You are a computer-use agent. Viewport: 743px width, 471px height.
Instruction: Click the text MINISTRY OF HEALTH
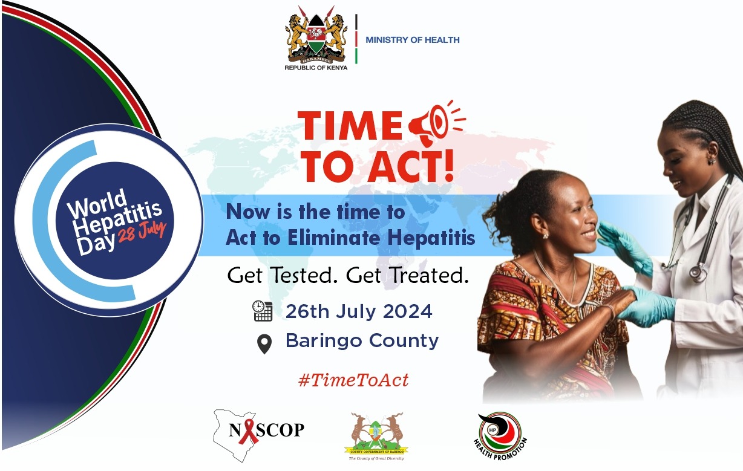tap(412, 40)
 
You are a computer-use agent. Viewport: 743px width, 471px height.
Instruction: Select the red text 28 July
tap(142, 233)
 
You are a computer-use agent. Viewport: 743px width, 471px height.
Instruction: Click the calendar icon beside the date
tap(263, 311)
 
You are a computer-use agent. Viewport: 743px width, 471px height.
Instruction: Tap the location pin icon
tap(264, 343)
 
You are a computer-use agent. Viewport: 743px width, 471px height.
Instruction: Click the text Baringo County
tap(362, 341)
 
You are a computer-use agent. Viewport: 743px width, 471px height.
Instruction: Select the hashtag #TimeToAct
tap(353, 380)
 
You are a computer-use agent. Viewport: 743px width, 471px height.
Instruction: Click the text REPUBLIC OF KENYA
tap(316, 67)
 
